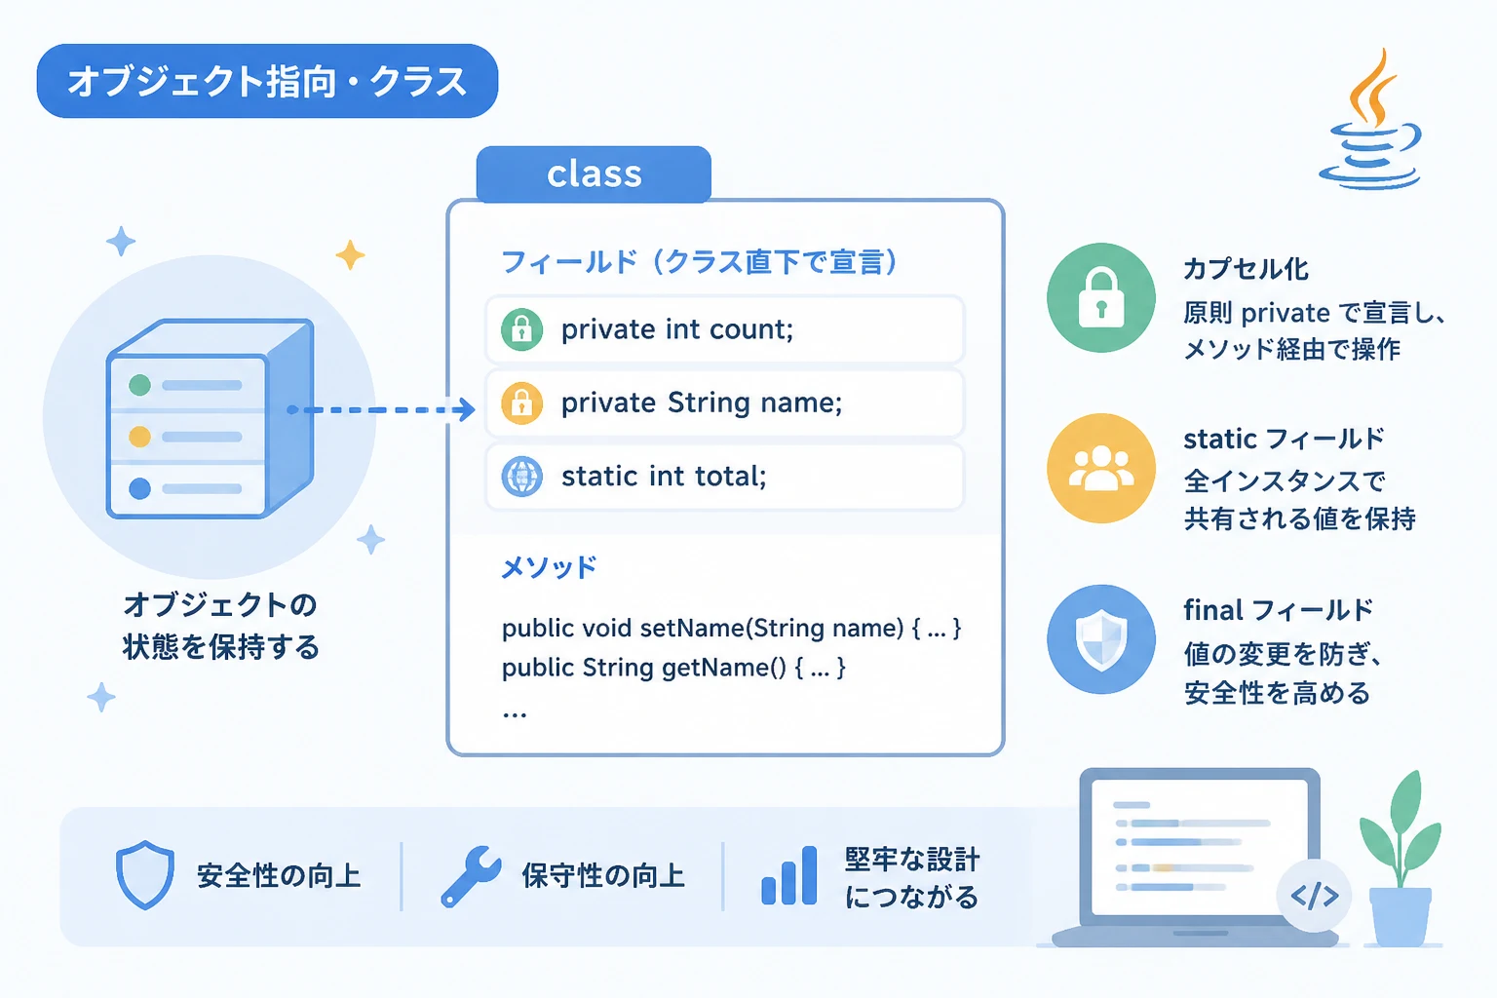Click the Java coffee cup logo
click(x=1370, y=120)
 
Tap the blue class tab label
click(x=594, y=173)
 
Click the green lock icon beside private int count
click(x=522, y=329)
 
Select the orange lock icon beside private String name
click(x=522, y=403)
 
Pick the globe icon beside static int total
click(x=522, y=477)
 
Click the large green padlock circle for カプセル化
click(x=1100, y=297)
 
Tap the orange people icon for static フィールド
click(x=1100, y=468)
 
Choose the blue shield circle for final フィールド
click(x=1100, y=639)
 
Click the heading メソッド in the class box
click(x=549, y=567)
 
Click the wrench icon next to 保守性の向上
click(x=471, y=876)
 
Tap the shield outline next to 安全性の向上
click(x=145, y=875)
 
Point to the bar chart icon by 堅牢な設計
click(x=789, y=875)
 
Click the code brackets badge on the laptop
click(x=1314, y=896)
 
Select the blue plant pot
click(x=1401, y=916)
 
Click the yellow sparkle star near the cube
click(x=350, y=254)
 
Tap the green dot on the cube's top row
click(x=139, y=385)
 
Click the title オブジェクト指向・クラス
click(x=267, y=82)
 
